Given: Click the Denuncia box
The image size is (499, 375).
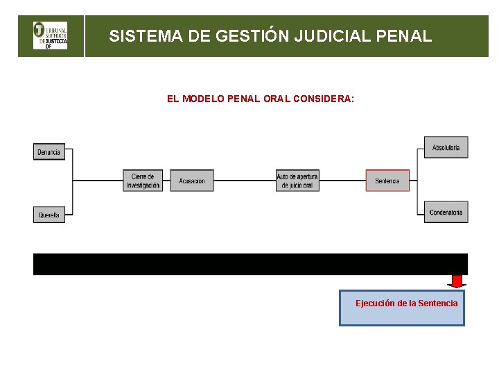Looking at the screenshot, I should click(49, 151).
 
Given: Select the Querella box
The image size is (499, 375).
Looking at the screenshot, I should click(49, 215).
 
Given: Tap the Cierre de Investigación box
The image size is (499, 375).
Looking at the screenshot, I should click(143, 181).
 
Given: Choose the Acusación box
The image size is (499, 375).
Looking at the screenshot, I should click(192, 181).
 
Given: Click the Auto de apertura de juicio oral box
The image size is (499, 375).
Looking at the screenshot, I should click(297, 181).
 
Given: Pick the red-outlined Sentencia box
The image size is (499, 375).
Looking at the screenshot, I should click(387, 181).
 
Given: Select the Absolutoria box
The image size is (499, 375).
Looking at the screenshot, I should click(446, 147).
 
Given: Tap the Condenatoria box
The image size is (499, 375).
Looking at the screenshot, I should click(446, 212).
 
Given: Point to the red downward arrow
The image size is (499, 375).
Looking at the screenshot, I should click(456, 281).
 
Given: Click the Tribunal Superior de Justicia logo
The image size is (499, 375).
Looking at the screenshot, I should click(51, 35).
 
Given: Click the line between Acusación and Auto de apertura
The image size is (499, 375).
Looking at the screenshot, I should click(245, 181).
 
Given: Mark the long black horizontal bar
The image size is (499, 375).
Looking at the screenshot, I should click(250, 264).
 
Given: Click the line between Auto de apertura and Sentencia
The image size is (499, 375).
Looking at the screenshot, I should click(342, 181).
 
